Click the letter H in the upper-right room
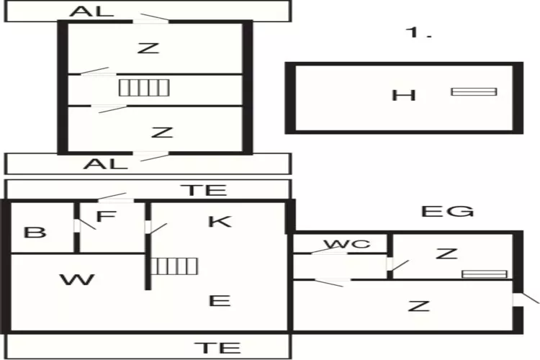coord(404,94)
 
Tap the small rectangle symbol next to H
coord(474,91)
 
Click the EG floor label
coord(447,211)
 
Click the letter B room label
coord(35,233)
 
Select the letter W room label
coord(77,279)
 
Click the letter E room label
coord(220,300)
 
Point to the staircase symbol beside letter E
coord(174,266)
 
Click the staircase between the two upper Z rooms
coord(144,88)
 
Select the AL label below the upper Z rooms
coord(105,163)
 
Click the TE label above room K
coord(203,190)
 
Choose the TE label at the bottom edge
coord(217,348)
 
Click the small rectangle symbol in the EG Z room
coord(484,274)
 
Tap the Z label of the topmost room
coord(148,48)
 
